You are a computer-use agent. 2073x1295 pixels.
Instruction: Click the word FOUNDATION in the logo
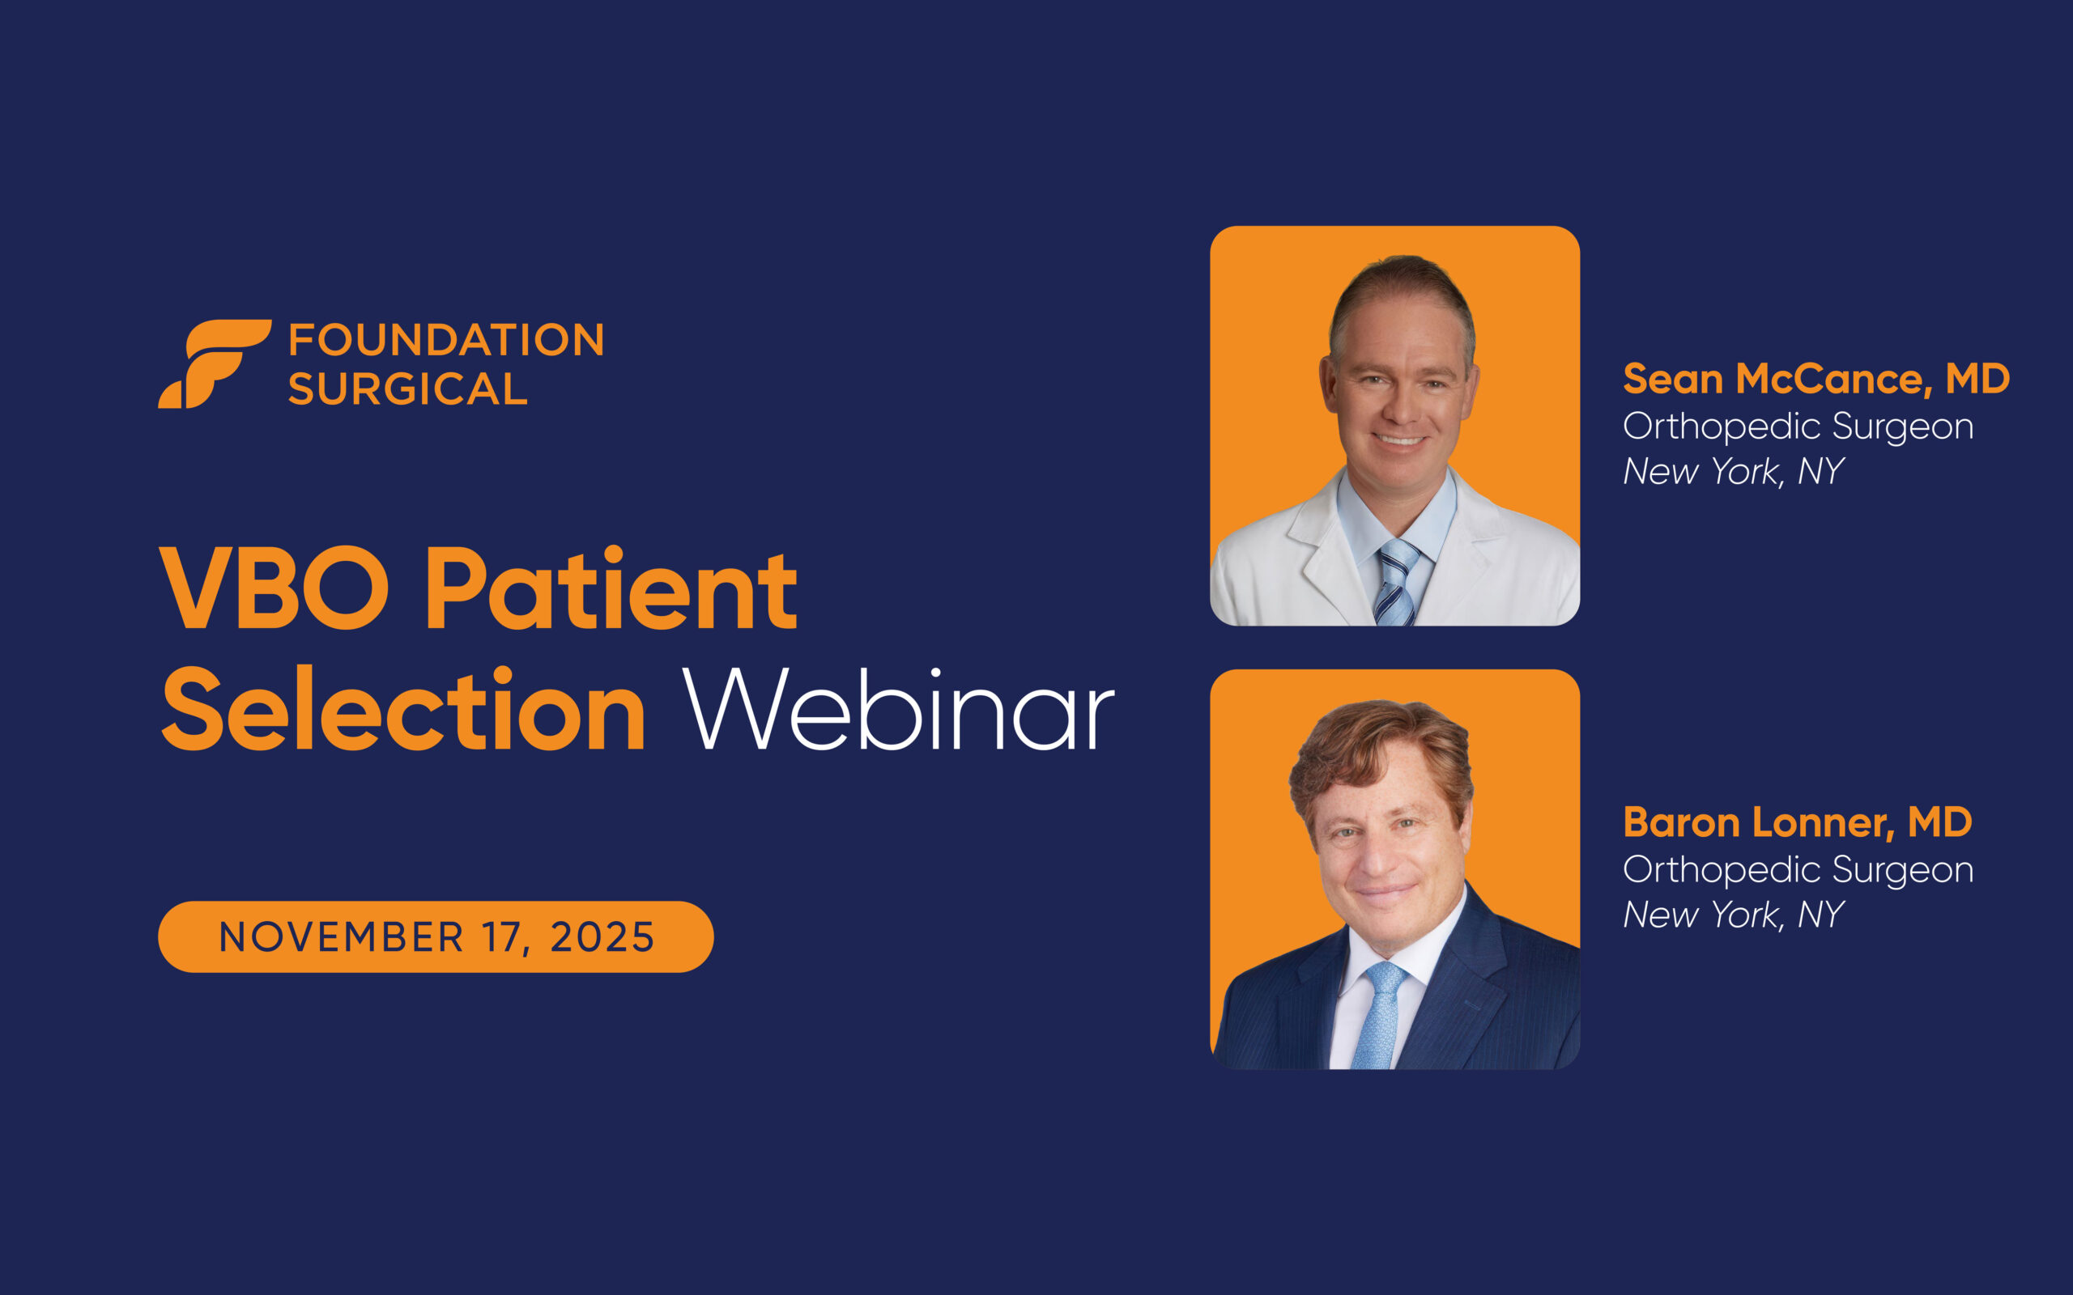point(446,340)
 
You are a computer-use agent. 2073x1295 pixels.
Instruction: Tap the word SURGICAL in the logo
point(408,388)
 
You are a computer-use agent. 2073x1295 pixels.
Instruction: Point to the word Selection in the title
point(402,709)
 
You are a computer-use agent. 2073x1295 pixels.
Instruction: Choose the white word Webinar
point(898,710)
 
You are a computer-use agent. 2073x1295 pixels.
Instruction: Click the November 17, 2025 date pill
point(435,937)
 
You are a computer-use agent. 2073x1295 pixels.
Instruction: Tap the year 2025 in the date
point(602,937)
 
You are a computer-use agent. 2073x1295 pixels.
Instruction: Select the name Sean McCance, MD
point(1816,379)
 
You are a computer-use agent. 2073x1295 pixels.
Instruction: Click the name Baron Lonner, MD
point(1797,822)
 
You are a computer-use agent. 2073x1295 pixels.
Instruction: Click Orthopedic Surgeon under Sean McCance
point(1798,427)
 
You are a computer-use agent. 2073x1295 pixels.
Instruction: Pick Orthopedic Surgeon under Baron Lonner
point(1798,870)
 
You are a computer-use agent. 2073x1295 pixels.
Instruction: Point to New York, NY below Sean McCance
point(1733,472)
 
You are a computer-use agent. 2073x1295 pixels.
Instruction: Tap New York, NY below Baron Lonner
point(1733,915)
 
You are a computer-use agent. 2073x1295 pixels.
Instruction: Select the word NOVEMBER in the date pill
point(341,937)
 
